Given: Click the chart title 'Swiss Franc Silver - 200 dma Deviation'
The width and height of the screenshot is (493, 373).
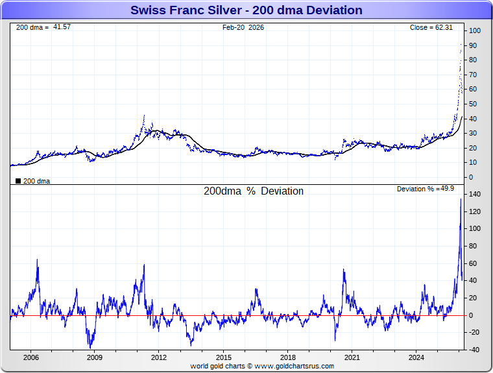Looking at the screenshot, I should click(x=246, y=10).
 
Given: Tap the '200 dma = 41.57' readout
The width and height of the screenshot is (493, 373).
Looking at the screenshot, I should click(x=43, y=27).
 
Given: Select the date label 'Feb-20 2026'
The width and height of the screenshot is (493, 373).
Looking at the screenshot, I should click(x=243, y=27).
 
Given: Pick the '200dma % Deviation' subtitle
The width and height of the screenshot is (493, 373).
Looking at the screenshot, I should click(x=254, y=191).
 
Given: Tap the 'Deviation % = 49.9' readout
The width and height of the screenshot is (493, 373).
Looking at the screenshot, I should click(x=426, y=189).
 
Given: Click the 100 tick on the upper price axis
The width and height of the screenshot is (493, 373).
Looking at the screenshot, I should click(x=475, y=31).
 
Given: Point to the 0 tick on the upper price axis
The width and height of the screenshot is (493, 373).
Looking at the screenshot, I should click(x=472, y=177).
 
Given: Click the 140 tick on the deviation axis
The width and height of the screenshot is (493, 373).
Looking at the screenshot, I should click(x=475, y=194).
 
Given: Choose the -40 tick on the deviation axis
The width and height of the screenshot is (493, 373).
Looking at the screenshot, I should click(x=474, y=350).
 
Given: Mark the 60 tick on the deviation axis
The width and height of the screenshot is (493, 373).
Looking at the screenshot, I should click(x=474, y=263).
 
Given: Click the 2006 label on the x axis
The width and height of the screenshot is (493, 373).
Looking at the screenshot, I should click(x=30, y=357).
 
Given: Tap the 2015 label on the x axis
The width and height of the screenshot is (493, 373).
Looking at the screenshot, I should click(x=224, y=357).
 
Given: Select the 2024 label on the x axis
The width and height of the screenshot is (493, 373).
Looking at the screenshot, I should click(x=417, y=357).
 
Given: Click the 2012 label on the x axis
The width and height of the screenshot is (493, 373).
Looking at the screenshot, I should click(x=160, y=357).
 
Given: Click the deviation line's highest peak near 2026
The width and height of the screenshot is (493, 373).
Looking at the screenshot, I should click(x=461, y=199).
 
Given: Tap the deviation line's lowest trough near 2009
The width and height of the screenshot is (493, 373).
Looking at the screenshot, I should click(x=91, y=348).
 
